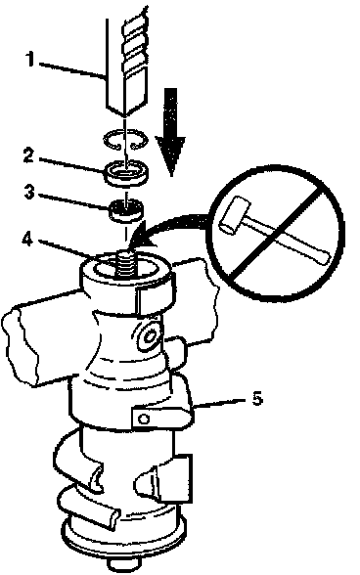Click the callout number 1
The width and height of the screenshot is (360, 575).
(30, 59)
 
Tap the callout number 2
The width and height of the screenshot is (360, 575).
(28, 155)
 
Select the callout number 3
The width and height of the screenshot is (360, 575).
(29, 191)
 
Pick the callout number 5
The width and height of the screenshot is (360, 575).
(257, 398)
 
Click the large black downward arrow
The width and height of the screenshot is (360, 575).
(170, 131)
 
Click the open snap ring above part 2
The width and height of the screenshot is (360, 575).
(125, 141)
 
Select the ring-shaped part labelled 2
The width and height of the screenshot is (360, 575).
(125, 172)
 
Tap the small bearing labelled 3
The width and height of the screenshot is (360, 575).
(126, 210)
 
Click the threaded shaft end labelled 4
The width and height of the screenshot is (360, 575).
(126, 263)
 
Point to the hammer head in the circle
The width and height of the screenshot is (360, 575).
(233, 214)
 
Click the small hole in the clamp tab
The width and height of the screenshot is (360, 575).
(144, 419)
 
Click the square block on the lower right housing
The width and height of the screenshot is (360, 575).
(175, 478)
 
